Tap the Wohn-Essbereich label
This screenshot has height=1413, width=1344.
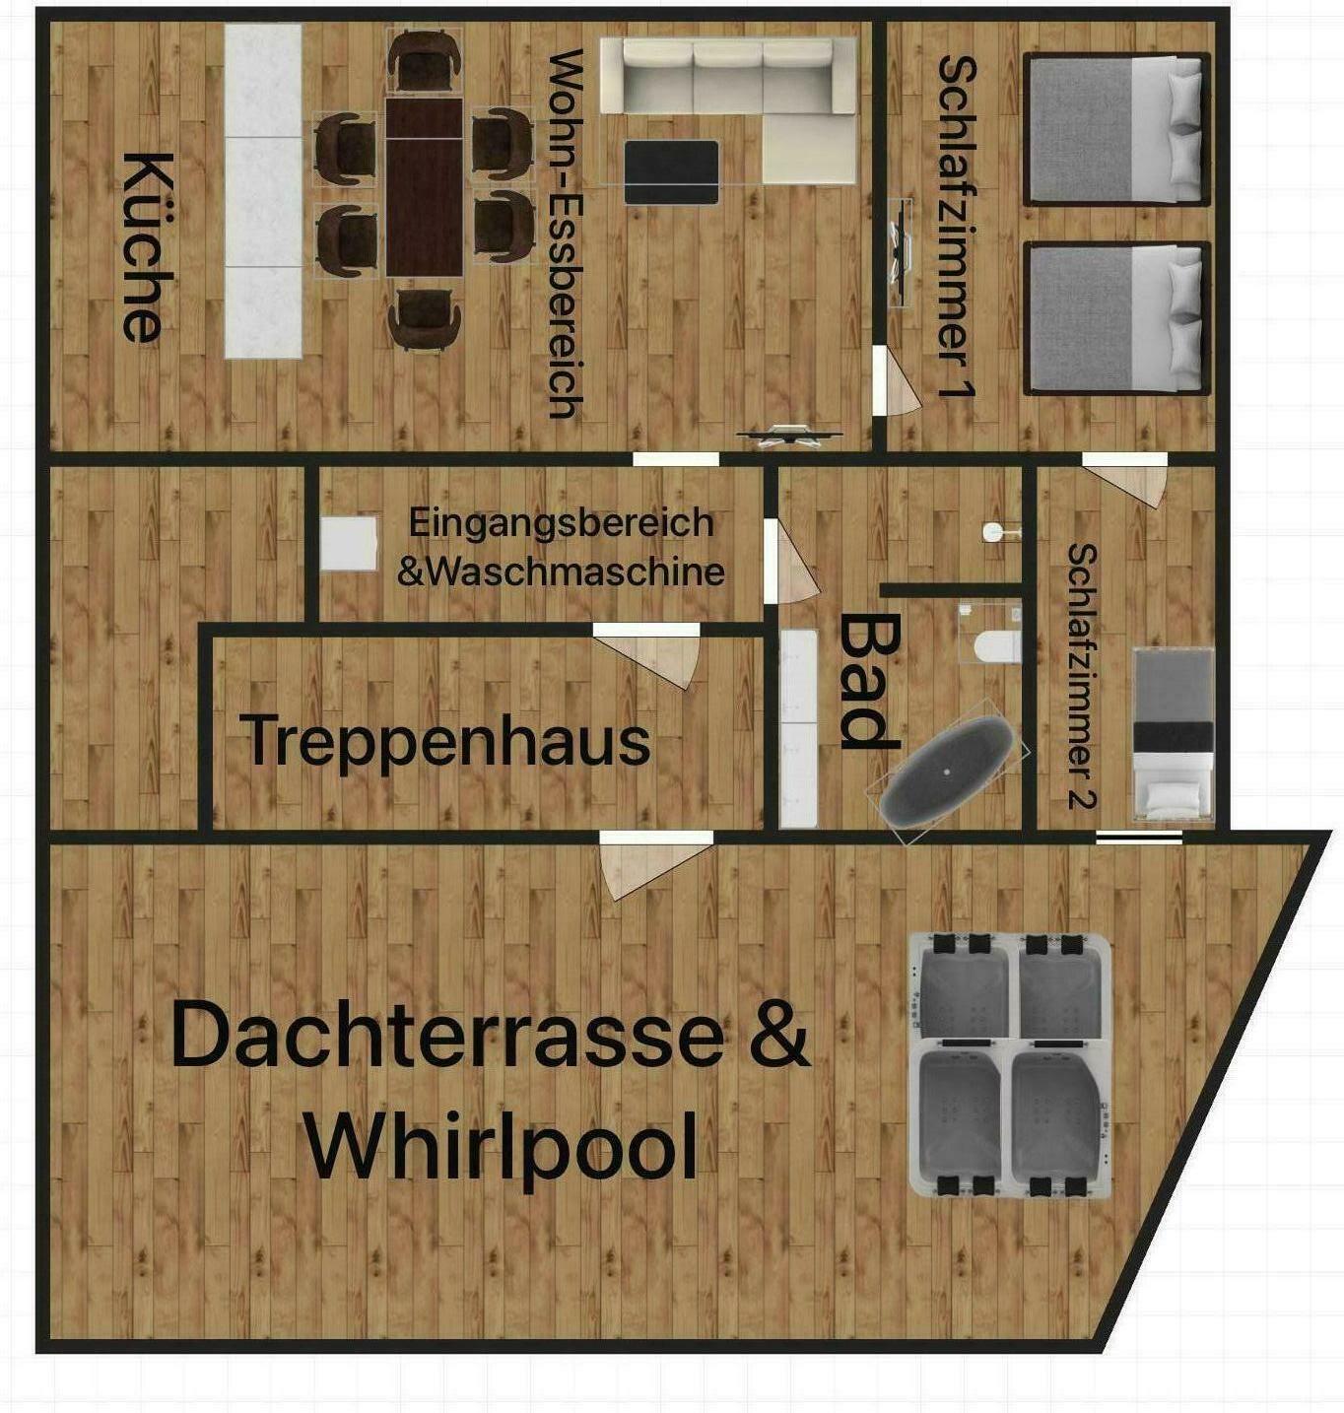(x=565, y=234)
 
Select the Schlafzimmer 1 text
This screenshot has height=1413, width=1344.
(x=958, y=228)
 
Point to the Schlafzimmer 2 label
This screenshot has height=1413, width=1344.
(x=1082, y=676)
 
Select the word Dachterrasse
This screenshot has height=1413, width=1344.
(x=447, y=1036)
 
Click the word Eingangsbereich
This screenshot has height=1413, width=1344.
(x=562, y=522)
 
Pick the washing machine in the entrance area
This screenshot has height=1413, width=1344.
(x=349, y=543)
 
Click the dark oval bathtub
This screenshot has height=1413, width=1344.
(x=947, y=772)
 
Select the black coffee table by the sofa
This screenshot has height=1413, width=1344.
(x=671, y=171)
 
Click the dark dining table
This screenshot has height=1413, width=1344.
(x=424, y=187)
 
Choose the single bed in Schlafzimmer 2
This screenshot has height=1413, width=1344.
(x=1173, y=734)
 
